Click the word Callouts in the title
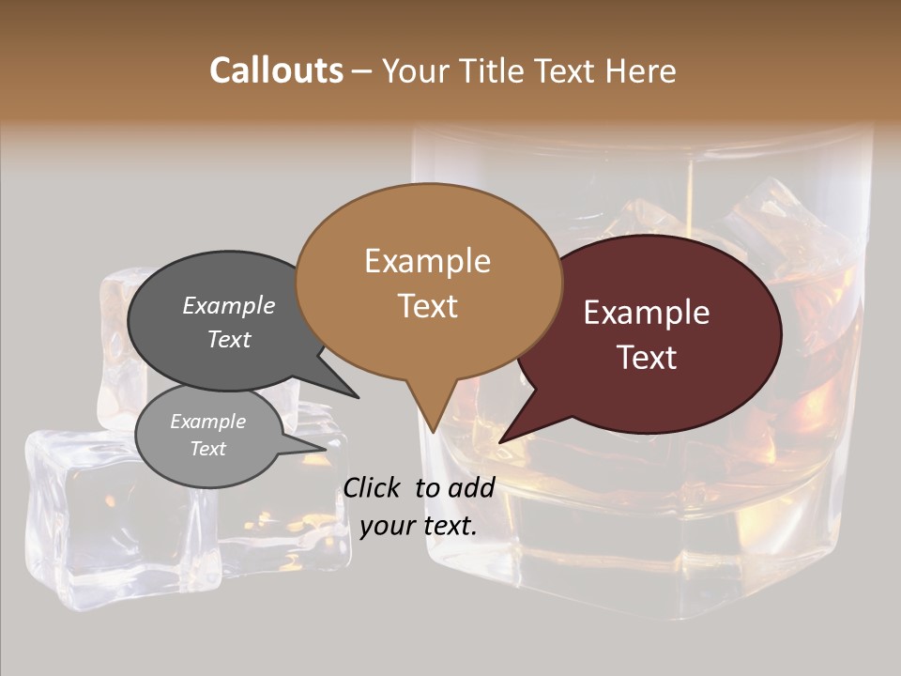276,70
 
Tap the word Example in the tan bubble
427,261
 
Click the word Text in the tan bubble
427,305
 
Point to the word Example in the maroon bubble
647,313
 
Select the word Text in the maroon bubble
647,357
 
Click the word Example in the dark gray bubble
229,305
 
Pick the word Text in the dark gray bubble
229,339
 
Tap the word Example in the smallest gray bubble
207,422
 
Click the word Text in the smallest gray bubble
207,449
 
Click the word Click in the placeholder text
374,487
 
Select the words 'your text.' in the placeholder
419,526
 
